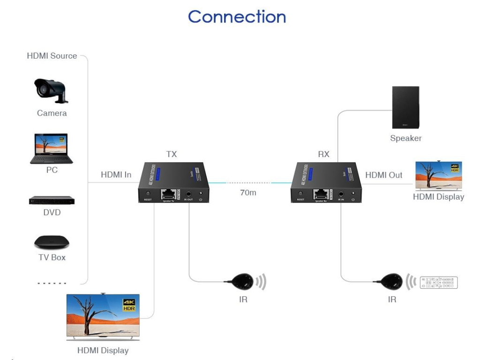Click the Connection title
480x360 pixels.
coord(237,17)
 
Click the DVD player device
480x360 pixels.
coord(52,200)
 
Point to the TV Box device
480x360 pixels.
coord(52,242)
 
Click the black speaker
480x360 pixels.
coord(405,107)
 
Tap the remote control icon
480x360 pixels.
coord(438,283)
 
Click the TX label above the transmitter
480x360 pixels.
coord(172,154)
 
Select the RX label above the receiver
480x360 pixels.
coord(323,154)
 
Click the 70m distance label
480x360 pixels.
coord(248,193)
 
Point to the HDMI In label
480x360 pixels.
coord(116,175)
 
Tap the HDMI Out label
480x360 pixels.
coord(383,175)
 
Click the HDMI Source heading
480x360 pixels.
coord(52,56)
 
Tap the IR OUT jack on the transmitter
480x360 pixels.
coord(189,194)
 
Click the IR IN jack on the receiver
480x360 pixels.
coord(341,194)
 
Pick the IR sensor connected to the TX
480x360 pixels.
coord(241,282)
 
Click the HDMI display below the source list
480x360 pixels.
coord(103,316)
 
